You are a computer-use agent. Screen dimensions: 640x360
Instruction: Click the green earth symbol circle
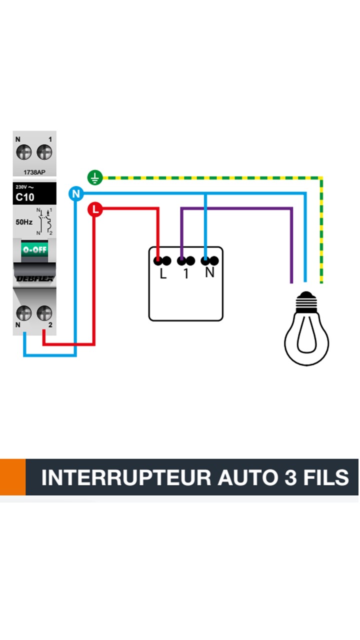pos(95,177)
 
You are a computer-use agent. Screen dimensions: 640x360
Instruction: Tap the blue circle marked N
pos(76,194)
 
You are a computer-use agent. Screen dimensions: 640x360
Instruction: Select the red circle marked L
pos(95,209)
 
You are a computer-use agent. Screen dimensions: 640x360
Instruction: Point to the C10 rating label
pos(25,197)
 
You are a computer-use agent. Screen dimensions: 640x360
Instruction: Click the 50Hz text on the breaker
pos(24,222)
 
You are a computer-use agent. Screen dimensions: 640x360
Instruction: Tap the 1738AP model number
pos(34,172)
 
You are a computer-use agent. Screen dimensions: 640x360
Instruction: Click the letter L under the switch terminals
pos(163,274)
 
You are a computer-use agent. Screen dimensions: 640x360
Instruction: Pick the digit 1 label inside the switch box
pos(186,274)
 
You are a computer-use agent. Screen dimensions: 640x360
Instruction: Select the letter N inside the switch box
pos(210,273)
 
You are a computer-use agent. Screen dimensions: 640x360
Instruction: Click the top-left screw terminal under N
pos(24,152)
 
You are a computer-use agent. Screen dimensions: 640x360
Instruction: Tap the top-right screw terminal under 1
pos(44,152)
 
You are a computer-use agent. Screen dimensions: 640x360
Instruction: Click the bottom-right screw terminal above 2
pos(44,313)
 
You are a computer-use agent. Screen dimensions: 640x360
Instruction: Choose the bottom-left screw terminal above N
pos(24,313)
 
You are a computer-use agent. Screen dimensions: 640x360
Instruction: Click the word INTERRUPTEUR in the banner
pos(126,477)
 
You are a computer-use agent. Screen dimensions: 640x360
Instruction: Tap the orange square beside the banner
pos(12,477)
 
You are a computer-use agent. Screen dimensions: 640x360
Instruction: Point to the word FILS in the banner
pos(326,477)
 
